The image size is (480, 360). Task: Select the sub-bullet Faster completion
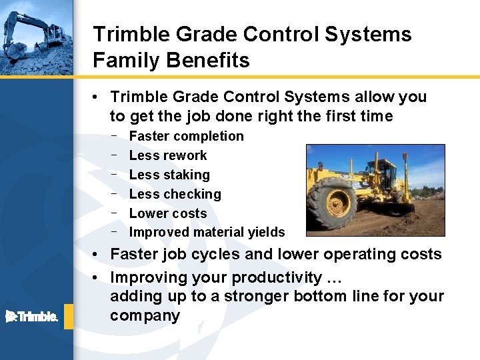pos(186,136)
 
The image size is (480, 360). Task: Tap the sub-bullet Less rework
pos(167,155)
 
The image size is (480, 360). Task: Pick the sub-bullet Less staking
pos(169,175)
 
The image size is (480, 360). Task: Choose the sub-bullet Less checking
pos(175,194)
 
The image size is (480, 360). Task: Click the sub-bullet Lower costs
pos(167,213)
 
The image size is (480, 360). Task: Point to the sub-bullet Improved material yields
pos(207,233)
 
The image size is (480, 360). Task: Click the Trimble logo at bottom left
pos(31,316)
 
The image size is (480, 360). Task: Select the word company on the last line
pos(145,315)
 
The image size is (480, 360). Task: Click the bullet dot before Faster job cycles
pos(97,255)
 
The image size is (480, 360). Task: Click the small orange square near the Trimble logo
pos(69,316)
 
